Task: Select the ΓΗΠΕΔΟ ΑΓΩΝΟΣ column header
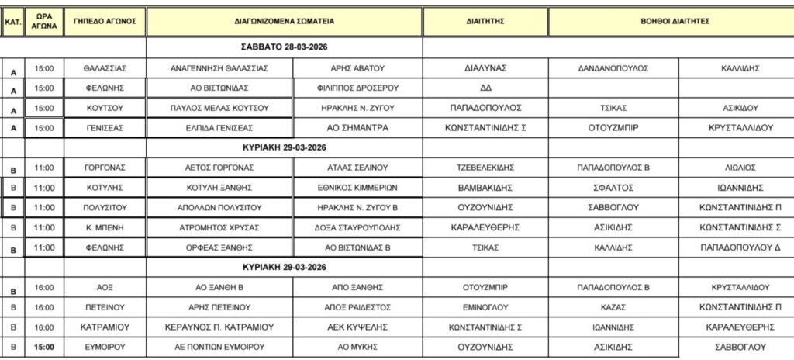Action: point(105,21)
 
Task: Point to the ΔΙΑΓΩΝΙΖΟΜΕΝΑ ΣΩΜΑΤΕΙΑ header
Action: point(285,22)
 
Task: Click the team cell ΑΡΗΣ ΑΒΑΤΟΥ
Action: point(358,68)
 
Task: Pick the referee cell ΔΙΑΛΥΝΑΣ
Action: point(485,68)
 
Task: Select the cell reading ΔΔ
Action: point(485,88)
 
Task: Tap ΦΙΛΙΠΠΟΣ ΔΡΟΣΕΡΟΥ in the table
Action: point(358,88)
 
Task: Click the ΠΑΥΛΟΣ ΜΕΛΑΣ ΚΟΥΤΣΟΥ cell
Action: point(219,108)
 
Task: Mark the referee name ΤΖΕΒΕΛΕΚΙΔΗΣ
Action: point(485,168)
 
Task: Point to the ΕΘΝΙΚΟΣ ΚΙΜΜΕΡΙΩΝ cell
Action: point(358,188)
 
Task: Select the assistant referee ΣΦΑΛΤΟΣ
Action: point(613,188)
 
